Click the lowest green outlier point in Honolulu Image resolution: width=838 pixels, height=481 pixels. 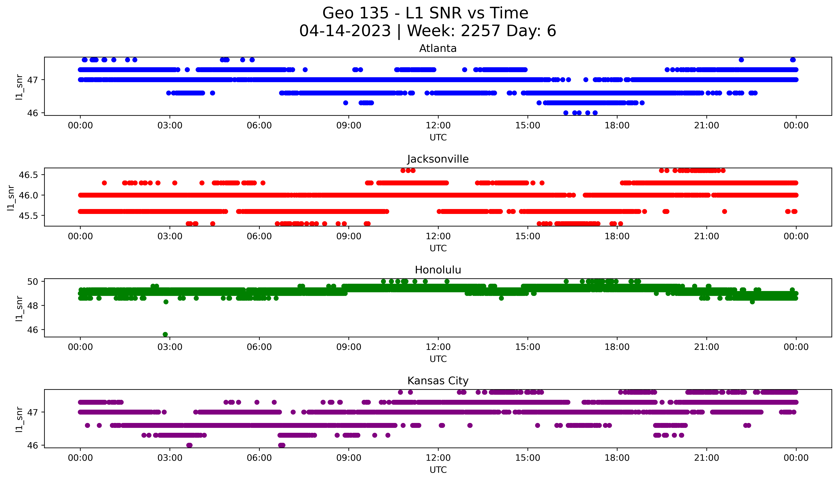165,334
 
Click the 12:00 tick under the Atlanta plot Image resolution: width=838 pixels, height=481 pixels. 438,126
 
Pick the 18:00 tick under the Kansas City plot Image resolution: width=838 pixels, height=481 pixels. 617,458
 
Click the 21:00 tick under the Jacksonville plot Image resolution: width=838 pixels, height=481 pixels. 707,236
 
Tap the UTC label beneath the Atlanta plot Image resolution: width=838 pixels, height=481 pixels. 438,137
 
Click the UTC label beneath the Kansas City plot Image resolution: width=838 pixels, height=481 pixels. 438,470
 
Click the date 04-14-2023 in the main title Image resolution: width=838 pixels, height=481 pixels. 345,31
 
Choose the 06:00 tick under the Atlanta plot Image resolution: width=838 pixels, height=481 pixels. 259,126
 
